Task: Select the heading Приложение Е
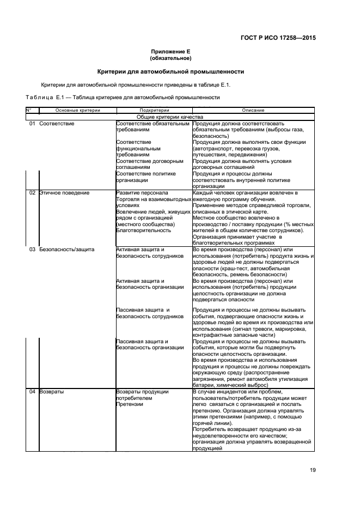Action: [170, 51]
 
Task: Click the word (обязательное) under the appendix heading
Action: [170, 58]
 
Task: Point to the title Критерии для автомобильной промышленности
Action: [170, 71]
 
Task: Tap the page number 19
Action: [313, 470]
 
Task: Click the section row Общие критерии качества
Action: [170, 117]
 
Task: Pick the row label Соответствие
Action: [57, 124]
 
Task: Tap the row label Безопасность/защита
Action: [66, 249]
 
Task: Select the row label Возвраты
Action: [52, 391]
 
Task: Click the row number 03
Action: [32, 249]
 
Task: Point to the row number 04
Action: [32, 391]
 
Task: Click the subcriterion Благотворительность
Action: [143, 230]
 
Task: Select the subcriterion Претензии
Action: [129, 404]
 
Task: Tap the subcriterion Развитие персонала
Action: [142, 193]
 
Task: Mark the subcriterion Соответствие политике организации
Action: [145, 177]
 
